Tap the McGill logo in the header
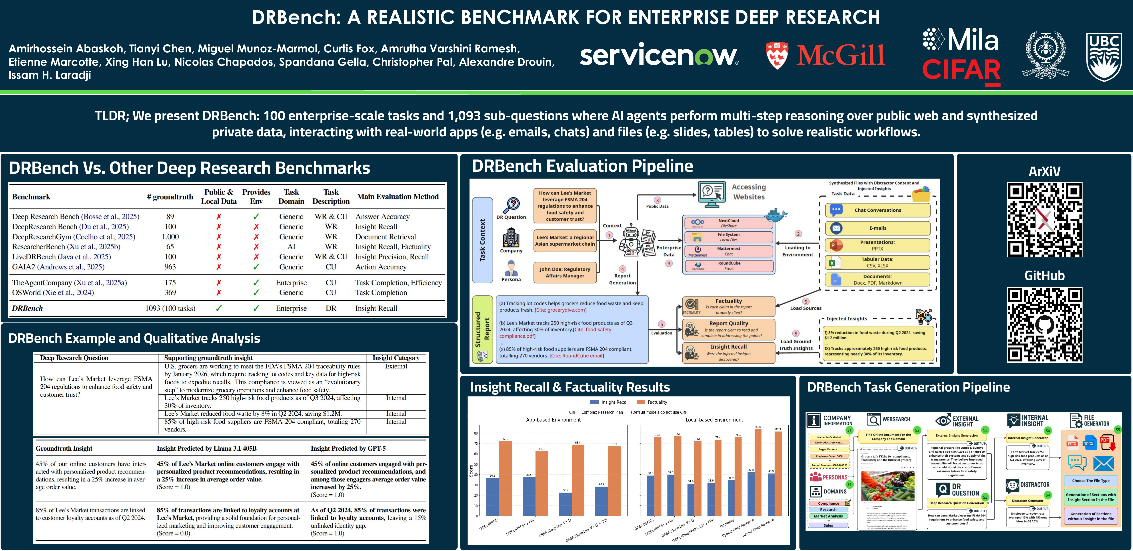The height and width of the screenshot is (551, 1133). pos(825,55)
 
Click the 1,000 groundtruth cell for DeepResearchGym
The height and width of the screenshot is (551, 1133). pos(170,237)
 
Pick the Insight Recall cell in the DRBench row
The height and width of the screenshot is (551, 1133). pos(376,308)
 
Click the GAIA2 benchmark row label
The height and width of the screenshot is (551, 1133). pos(58,267)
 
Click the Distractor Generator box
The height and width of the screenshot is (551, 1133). pos(1027,500)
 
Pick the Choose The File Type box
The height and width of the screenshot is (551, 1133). pos(1091,481)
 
